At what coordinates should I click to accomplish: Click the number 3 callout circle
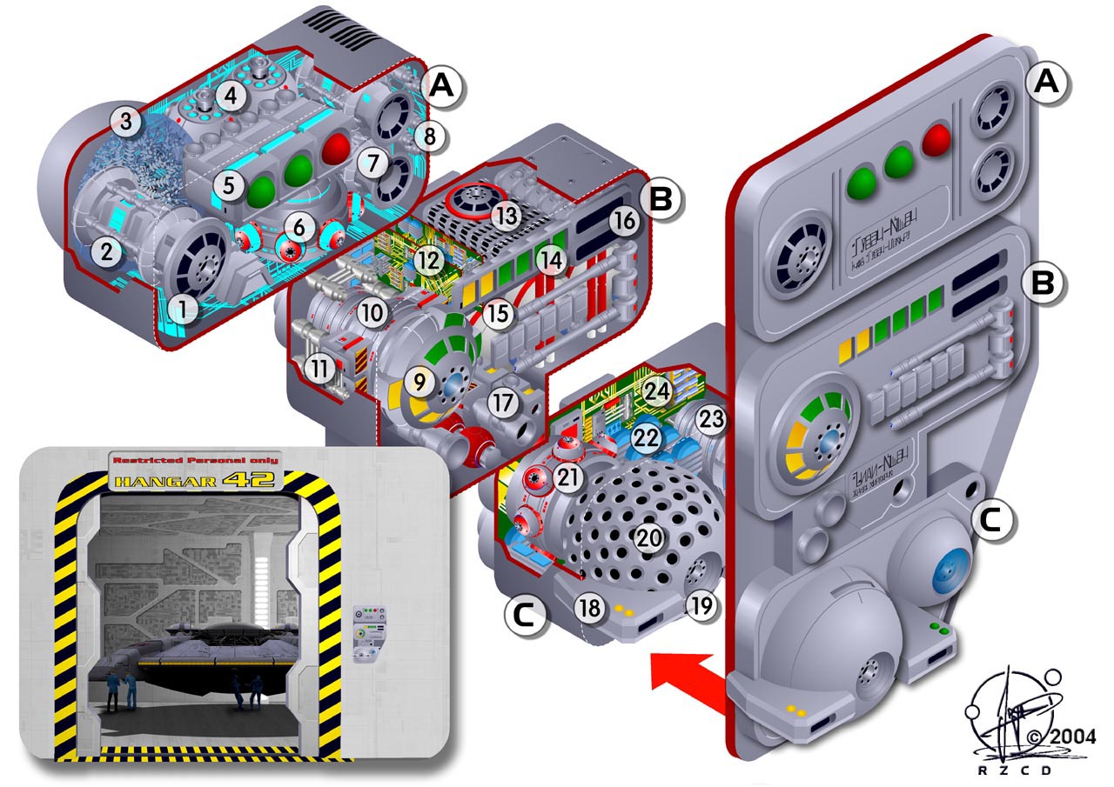point(126,123)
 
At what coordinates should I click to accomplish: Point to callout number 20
point(648,538)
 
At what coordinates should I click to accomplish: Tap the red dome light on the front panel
point(937,139)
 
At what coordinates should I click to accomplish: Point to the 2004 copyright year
point(1071,737)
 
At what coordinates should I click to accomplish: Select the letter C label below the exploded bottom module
point(524,615)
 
